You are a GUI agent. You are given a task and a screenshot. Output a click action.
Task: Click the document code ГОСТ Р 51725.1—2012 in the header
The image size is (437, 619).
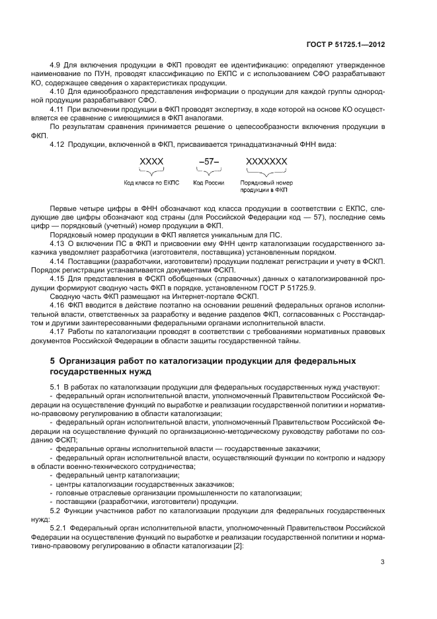click(x=346, y=45)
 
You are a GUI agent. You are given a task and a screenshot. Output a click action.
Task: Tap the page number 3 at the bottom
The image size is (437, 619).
click(x=382, y=563)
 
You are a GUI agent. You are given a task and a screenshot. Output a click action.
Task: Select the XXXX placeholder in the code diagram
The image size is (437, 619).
click(x=151, y=161)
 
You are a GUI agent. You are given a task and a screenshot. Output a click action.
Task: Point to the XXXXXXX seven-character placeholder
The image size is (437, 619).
click(x=266, y=161)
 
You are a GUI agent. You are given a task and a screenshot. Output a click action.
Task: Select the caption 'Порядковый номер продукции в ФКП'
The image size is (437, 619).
click(x=266, y=186)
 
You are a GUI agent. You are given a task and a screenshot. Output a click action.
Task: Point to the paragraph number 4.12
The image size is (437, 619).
click(x=59, y=144)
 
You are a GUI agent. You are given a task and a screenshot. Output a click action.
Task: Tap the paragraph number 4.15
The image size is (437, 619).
click(x=59, y=280)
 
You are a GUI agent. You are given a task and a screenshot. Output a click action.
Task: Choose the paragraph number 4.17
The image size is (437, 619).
click(x=59, y=332)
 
